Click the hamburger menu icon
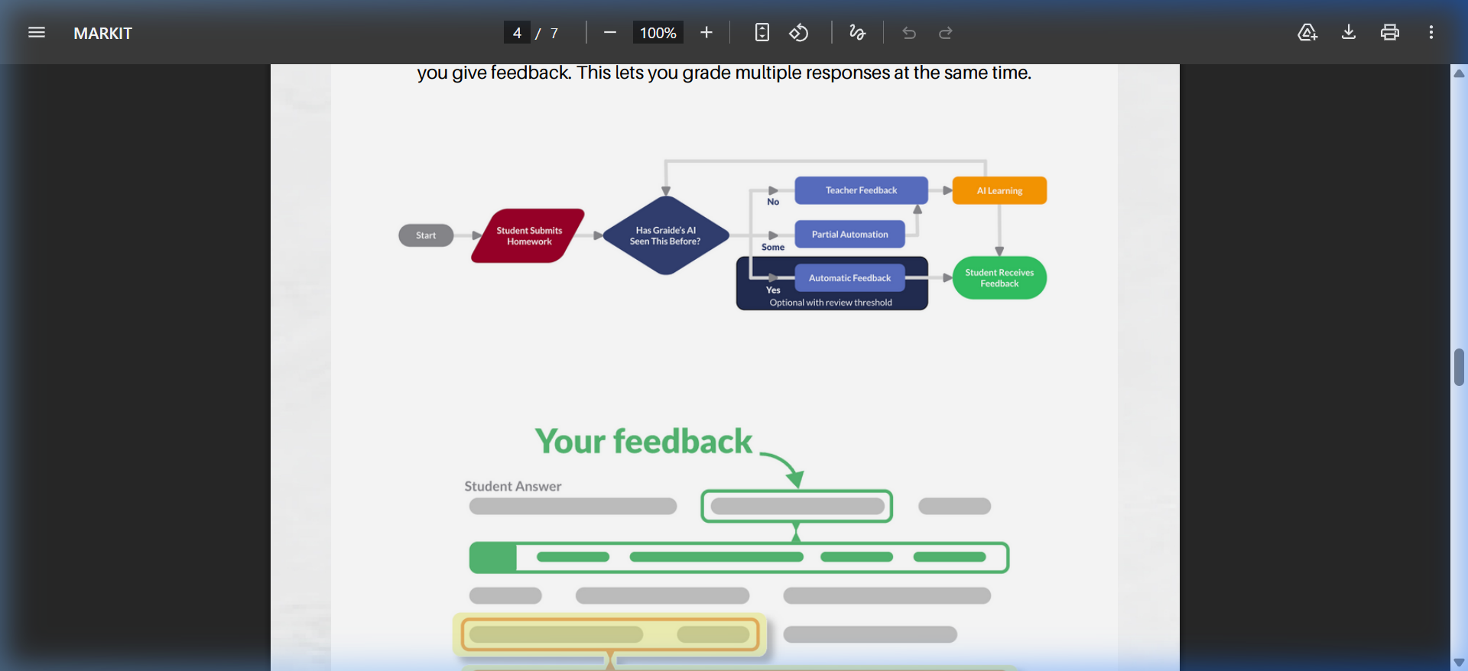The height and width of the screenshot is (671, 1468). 37,32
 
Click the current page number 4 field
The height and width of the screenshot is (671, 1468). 517,33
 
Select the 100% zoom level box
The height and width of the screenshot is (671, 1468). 658,33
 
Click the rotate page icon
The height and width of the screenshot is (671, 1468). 799,33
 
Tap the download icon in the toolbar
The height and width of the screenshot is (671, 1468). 1349,32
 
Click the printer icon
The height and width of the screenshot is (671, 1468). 1389,32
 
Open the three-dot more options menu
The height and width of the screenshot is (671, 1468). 1431,32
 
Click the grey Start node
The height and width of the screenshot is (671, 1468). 426,235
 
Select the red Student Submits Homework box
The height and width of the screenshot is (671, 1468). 528,235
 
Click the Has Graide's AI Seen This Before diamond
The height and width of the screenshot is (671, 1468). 665,235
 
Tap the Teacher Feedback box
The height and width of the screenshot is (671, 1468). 861,190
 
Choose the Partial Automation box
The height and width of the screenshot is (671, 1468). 849,235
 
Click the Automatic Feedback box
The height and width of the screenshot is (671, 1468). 849,278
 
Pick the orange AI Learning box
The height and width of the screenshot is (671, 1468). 999,190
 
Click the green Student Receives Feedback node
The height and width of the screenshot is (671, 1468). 999,277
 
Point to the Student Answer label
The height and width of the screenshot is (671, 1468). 512,486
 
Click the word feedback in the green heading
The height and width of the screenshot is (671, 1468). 683,442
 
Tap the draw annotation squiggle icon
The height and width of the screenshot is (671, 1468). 857,33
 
